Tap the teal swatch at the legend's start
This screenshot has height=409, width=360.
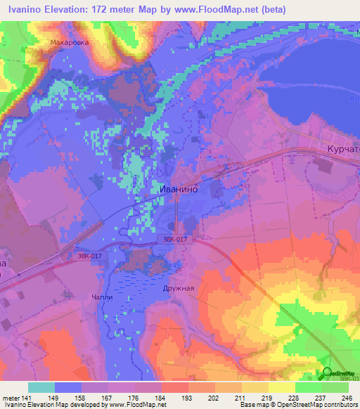41,387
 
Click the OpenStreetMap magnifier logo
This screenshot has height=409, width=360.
327,373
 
